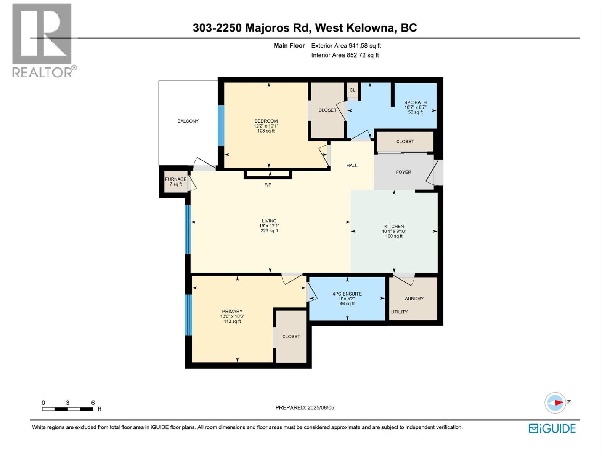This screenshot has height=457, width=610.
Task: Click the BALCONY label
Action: [188, 121]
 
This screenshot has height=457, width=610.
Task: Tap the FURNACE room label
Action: [176, 179]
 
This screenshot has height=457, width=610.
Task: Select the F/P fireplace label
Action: [268, 185]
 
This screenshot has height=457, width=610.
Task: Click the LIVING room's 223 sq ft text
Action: [269, 231]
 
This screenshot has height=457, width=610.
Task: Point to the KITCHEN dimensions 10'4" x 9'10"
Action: [394, 231]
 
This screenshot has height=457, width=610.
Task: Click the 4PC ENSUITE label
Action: [347, 294]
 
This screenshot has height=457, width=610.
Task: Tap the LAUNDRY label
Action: [413, 299]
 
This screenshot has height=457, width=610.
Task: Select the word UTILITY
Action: [399, 312]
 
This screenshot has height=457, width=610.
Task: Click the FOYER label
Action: [403, 172]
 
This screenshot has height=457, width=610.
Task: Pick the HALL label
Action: [352, 166]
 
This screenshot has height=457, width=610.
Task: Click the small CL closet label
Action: [352, 90]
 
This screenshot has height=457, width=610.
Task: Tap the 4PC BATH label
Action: [416, 102]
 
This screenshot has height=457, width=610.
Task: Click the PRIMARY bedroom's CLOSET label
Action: [291, 337]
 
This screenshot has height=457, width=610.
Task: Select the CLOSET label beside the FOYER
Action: [405, 142]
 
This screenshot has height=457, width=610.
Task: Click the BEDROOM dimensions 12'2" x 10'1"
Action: [266, 126]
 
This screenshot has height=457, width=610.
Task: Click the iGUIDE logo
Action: [552, 428]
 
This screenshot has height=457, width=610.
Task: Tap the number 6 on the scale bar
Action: [93, 403]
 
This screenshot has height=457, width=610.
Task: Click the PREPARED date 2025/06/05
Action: [321, 407]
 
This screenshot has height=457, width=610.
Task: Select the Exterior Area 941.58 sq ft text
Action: [346, 46]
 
